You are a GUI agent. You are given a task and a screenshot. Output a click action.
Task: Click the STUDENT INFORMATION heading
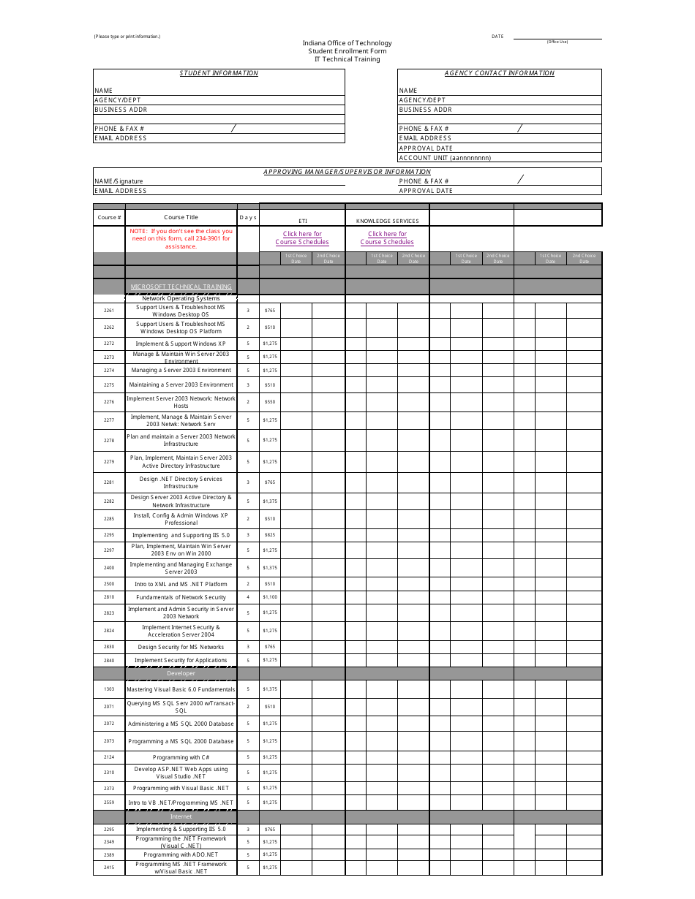219,73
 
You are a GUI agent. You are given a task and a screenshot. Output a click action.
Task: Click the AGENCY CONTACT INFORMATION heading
500,73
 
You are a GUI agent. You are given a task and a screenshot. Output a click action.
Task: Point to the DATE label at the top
497,37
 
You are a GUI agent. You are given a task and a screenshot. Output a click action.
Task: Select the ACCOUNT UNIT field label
445,158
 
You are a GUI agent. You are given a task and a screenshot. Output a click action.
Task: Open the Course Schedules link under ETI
302,238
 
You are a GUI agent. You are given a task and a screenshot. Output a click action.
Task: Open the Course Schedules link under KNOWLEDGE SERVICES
387,238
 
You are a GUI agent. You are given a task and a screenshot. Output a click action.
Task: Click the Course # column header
109,217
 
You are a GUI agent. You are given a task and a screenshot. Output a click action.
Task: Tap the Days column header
248,217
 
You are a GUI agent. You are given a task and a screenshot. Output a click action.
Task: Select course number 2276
109,402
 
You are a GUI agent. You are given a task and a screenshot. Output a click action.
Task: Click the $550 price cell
270,402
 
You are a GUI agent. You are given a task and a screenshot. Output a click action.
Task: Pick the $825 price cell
270,535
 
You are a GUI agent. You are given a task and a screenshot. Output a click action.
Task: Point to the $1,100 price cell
270,597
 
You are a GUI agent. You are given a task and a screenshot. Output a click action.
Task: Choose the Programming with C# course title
181,757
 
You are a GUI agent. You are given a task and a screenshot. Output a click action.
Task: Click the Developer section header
181,673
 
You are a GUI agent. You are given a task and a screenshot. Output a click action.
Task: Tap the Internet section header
181,816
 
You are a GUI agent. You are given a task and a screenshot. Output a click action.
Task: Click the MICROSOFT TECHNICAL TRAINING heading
181,287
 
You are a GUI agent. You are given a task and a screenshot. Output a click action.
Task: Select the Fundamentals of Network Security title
181,597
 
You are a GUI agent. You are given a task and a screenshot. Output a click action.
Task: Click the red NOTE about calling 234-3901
181,239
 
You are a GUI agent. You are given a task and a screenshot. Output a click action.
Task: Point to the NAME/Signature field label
119,181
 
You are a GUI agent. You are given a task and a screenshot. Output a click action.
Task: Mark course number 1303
109,689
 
